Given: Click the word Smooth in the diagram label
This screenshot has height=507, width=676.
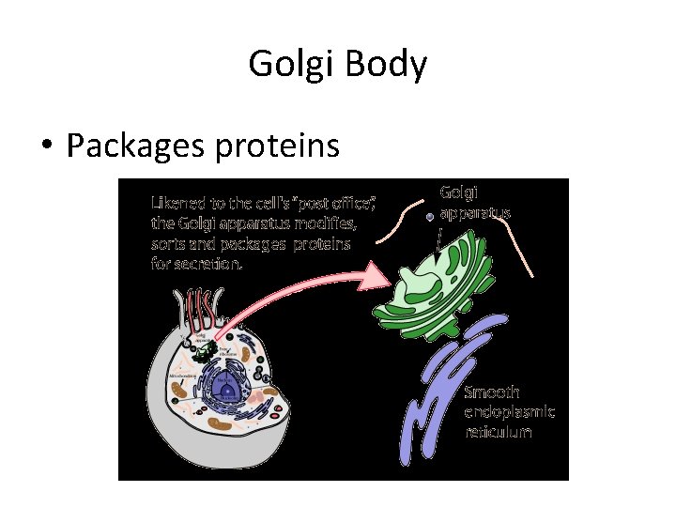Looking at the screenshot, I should coord(492,392).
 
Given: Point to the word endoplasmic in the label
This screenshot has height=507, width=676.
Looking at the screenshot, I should coord(510,412).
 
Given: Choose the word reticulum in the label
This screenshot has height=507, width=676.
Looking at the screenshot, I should coord(499,433).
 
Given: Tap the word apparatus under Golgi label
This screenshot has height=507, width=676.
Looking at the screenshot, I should coord(475,212).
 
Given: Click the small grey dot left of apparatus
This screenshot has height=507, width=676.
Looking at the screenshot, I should coord(429,216).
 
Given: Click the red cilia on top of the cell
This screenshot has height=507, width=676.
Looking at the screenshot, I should coord(198,312).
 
